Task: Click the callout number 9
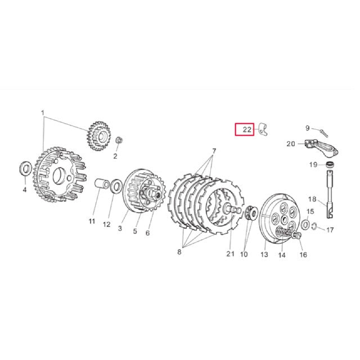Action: pyautogui.click(x=308, y=128)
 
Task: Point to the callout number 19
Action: pyautogui.click(x=312, y=164)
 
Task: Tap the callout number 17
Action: pyautogui.click(x=330, y=230)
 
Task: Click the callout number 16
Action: pyautogui.click(x=303, y=254)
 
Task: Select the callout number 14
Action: pyautogui.click(x=282, y=254)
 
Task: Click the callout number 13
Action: pyautogui.click(x=263, y=254)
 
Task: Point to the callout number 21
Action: pyautogui.click(x=229, y=254)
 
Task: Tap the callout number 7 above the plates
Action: pyautogui.click(x=214, y=151)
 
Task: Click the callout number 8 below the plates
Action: pyautogui.click(x=179, y=253)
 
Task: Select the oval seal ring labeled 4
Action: pyautogui.click(x=26, y=167)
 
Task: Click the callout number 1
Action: pyautogui.click(x=42, y=112)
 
